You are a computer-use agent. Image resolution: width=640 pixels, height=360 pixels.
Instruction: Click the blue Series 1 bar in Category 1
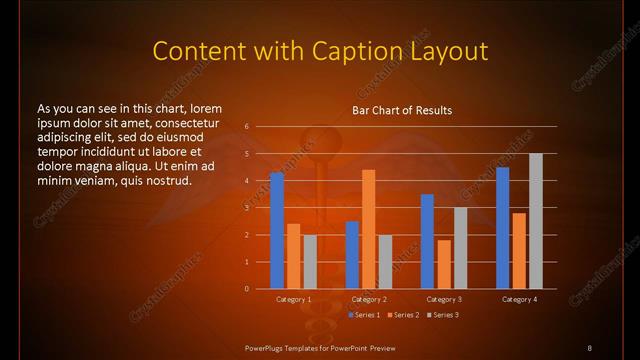[277, 231]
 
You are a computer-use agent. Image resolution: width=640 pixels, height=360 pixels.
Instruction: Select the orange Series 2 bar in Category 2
[368, 229]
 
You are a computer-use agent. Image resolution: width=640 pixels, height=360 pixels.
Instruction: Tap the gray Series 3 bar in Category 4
[535, 221]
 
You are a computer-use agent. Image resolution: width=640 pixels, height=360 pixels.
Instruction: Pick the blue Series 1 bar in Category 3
[427, 241]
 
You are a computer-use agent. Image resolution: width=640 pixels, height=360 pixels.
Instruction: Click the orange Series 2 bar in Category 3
[443, 264]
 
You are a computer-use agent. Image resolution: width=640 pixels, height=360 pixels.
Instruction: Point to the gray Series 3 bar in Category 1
[309, 262]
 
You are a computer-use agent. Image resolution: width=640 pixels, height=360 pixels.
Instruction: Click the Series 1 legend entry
[363, 315]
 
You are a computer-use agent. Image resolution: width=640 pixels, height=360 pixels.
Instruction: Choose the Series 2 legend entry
[402, 315]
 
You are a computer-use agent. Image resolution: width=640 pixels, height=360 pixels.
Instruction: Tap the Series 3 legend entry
[443, 315]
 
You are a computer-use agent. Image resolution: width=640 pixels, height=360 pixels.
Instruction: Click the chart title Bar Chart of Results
[402, 110]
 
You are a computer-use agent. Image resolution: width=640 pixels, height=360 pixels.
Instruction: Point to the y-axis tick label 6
[246, 127]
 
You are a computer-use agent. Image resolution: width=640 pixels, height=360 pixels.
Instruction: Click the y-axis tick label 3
[246, 208]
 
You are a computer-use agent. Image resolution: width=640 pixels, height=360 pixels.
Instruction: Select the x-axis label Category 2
[368, 299]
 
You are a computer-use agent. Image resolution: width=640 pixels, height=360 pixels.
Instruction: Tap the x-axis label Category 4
[518, 299]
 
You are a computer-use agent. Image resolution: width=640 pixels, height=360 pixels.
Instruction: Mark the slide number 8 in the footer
[589, 347]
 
